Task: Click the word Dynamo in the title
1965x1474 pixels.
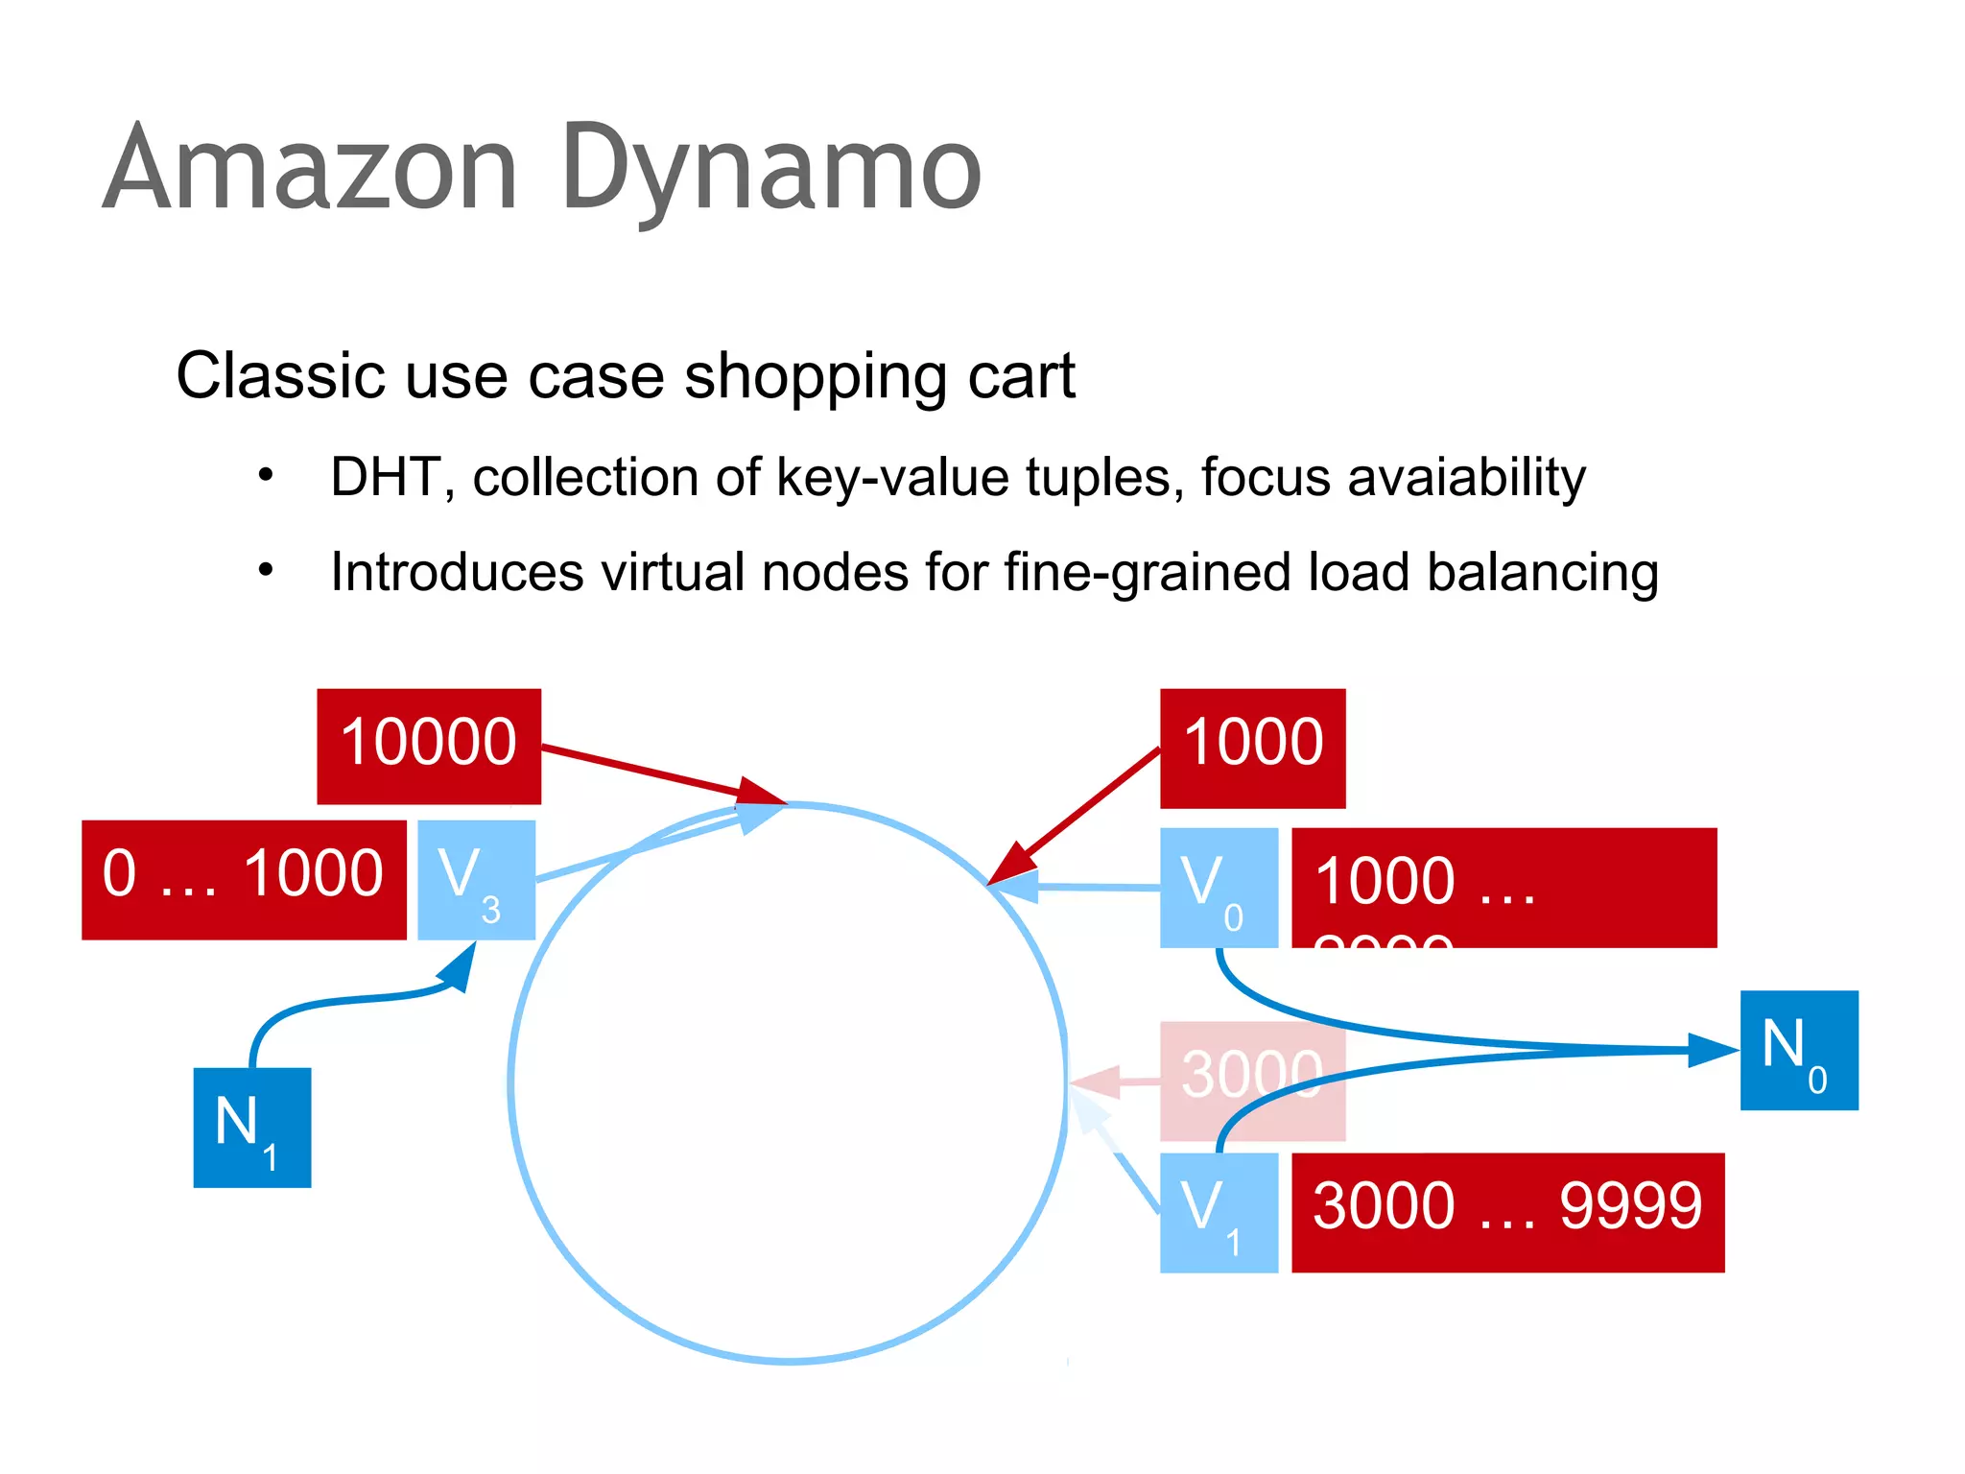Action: (772, 171)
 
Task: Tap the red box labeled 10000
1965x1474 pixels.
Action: (429, 746)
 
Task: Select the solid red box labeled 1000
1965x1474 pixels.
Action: (1252, 748)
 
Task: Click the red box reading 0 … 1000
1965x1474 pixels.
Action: (244, 879)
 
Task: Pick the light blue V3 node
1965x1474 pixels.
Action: (476, 879)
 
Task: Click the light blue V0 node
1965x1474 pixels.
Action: (1219, 888)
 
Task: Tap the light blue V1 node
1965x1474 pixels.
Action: (1219, 1212)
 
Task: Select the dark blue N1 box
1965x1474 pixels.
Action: (251, 1127)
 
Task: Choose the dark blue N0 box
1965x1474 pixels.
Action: (1798, 1050)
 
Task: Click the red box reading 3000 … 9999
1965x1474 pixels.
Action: (1506, 1212)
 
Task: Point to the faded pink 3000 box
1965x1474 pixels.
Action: (1252, 1080)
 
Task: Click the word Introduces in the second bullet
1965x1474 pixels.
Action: (457, 572)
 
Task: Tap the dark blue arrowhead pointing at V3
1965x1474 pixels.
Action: (459, 968)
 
